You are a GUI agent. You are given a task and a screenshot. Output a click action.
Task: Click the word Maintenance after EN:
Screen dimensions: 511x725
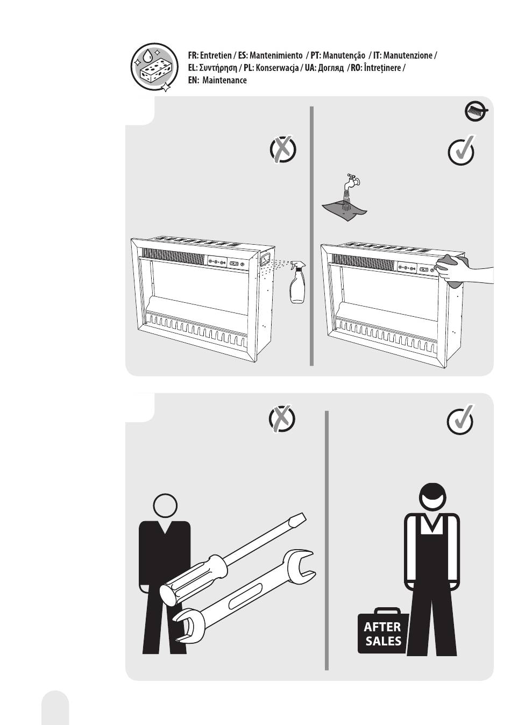(x=224, y=80)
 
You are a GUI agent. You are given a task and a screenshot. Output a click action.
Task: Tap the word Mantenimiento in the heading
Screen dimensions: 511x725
(x=276, y=56)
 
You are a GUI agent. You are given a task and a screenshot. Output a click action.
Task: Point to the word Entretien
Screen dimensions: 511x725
(x=216, y=56)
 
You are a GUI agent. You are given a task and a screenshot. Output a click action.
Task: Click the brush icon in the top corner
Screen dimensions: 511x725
(x=477, y=112)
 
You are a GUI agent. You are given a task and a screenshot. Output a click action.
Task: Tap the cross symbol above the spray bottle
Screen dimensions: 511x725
(x=283, y=149)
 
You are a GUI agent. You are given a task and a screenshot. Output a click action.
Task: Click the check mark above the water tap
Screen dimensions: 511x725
(x=462, y=150)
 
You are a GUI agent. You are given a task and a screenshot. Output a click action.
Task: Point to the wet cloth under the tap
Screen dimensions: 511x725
(x=344, y=210)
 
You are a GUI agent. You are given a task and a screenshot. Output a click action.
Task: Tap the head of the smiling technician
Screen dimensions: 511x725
(x=432, y=499)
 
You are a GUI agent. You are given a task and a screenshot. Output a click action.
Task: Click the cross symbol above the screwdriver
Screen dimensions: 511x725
(x=282, y=418)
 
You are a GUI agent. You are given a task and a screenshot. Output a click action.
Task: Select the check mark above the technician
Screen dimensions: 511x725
(x=460, y=420)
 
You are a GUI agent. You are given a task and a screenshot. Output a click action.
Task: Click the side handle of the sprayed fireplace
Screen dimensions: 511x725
(x=266, y=258)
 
